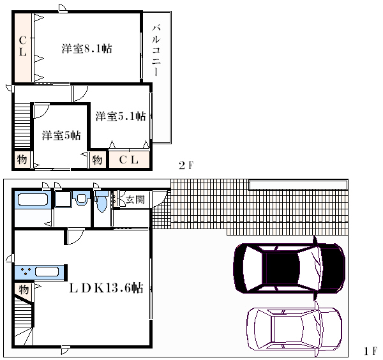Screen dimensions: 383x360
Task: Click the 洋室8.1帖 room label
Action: point(87,49)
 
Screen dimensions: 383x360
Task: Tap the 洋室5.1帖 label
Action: point(121,116)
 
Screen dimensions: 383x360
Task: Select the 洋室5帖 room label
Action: point(61,135)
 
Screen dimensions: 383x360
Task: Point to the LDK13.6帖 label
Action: point(106,288)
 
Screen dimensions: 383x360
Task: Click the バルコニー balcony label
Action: point(156,50)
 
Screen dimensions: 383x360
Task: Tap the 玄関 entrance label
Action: point(135,200)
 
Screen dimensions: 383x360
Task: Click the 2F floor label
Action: point(186,165)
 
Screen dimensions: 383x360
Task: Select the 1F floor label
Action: point(370,351)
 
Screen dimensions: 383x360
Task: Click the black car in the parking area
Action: point(289,268)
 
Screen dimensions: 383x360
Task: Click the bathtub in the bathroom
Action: point(33,200)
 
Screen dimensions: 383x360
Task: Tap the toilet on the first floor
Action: point(101,202)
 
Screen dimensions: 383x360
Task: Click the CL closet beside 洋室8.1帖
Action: point(23,48)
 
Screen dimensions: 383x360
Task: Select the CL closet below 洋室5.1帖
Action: point(129,160)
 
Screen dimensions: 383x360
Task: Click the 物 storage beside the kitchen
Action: point(24,290)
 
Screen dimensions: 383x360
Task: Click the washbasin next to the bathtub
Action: point(81,198)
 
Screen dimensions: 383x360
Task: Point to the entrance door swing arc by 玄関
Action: point(160,199)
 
